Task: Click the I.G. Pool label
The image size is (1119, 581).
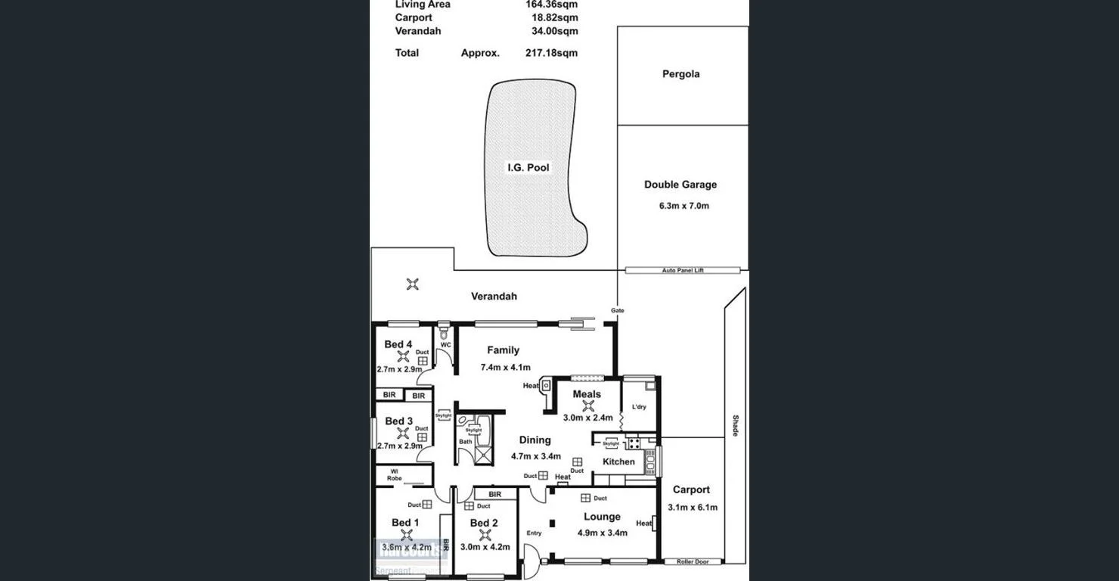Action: tap(528, 167)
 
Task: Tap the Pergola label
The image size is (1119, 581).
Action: tap(680, 74)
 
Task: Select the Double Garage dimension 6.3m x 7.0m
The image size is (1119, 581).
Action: tap(683, 206)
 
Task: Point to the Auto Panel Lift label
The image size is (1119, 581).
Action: tap(683, 270)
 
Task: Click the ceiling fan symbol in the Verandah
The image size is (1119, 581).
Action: tap(412, 284)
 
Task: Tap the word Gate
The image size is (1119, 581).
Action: tap(618, 310)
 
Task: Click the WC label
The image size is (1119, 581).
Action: tap(445, 345)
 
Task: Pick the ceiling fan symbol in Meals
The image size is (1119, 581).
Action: tap(587, 405)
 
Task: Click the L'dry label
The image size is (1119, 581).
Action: tap(639, 407)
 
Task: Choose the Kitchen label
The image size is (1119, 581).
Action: tap(618, 461)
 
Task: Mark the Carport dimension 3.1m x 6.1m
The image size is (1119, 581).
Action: tap(692, 508)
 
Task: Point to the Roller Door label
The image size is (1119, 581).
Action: tap(692, 562)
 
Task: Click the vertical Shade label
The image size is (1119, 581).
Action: tap(734, 425)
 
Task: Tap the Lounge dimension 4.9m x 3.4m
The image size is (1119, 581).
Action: tap(602, 533)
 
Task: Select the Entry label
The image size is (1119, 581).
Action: tap(534, 533)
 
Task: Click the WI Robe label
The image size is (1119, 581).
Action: tap(394, 475)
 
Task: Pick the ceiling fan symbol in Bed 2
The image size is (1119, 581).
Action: tap(484, 535)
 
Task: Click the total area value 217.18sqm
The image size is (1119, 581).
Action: tap(551, 53)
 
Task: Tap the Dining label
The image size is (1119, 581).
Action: tap(535, 440)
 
